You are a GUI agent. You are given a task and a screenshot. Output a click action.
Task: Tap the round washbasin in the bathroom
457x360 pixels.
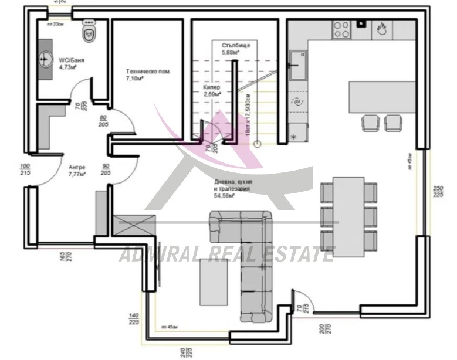coord(46,59)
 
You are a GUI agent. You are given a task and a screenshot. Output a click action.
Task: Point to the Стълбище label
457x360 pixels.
coord(232,49)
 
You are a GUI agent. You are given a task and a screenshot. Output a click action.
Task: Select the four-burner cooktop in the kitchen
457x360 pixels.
coord(341,29)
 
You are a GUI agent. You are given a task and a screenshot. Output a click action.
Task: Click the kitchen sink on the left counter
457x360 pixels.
coord(297,64)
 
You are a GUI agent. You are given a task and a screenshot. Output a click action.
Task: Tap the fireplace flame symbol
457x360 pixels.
coord(381,27)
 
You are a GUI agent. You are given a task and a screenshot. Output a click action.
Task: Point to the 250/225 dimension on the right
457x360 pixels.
coord(437,192)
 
